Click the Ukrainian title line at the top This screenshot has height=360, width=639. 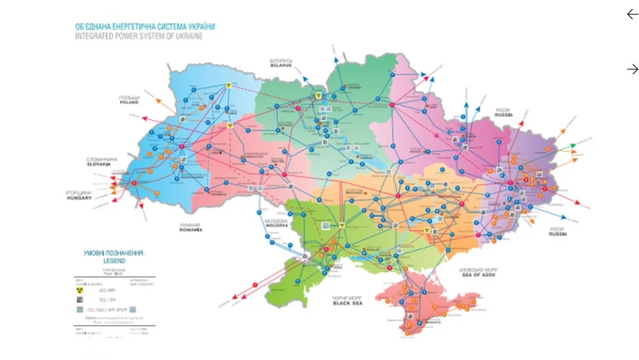pos(144,27)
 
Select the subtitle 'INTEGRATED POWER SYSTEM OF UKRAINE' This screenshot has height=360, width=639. pos(138,36)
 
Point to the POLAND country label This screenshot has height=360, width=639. pos(129,103)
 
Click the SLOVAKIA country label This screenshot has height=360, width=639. pos(101,164)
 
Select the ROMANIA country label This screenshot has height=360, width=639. pos(190,230)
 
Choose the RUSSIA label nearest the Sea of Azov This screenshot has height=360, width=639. pos(557,234)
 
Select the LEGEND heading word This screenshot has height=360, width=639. pos(113,262)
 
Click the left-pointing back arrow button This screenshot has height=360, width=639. pos(632,14)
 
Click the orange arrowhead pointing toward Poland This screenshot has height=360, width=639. pos(158,101)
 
